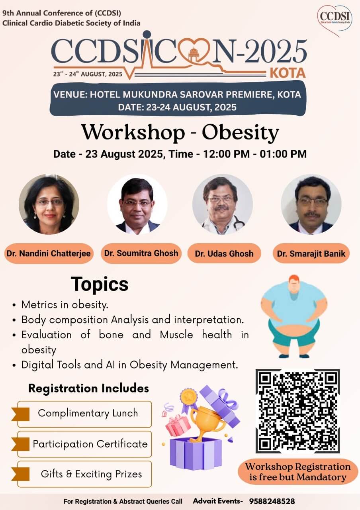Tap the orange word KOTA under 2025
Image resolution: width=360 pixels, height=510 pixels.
[288, 73]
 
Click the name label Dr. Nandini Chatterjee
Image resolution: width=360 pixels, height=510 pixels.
[49, 253]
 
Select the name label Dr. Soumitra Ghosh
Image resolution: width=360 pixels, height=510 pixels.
[141, 253]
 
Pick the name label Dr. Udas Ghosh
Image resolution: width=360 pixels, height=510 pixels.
[224, 253]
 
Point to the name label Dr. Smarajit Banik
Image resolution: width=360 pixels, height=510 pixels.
[311, 253]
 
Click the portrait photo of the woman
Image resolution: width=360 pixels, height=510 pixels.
[49, 204]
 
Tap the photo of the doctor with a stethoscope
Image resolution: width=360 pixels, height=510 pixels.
[223, 204]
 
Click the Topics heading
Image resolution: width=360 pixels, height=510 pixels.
[100, 284]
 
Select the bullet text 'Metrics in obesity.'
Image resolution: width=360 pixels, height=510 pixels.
[65, 305]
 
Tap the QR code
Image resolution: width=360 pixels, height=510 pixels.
[297, 411]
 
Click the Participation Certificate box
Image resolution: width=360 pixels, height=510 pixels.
[84, 444]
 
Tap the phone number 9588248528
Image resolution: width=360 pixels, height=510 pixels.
[272, 501]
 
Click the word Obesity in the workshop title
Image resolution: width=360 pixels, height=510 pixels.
[240, 133]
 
